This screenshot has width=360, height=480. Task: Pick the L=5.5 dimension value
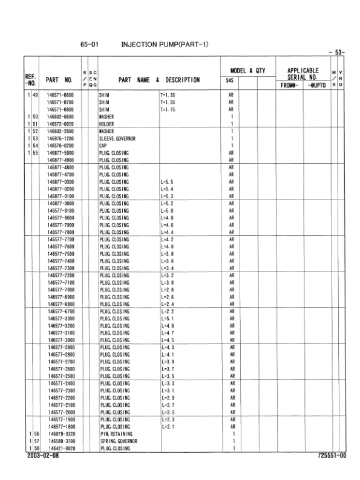(168, 181)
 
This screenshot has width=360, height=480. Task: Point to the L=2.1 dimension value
(168, 426)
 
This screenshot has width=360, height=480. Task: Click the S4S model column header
(230, 80)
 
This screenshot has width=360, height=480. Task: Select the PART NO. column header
(59, 80)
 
